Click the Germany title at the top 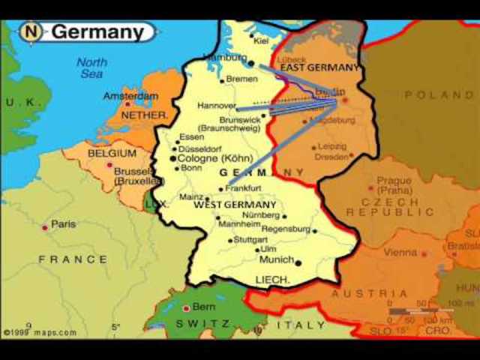[x=97, y=32]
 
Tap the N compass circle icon [x=31, y=32]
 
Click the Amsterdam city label [x=130, y=97]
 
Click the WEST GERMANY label [x=235, y=205]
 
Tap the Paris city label [x=63, y=224]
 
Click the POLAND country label [x=439, y=95]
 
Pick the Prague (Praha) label [x=394, y=186]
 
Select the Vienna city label [x=400, y=253]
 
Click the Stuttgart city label [x=250, y=240]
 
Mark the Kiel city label [x=261, y=40]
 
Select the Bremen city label [x=241, y=79]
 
